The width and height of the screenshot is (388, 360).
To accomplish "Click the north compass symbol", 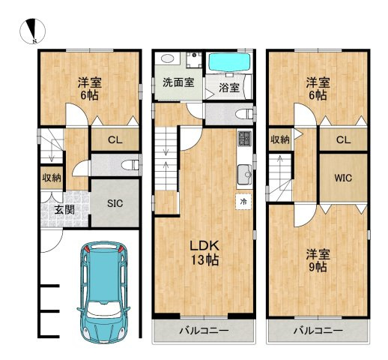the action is [x=32, y=31].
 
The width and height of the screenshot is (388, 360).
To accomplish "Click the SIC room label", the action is [x=115, y=203].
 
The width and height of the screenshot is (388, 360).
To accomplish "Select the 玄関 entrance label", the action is [x=64, y=210].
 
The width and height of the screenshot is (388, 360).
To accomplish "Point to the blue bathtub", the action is [x=229, y=62].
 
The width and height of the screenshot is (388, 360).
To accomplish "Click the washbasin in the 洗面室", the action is [x=167, y=58].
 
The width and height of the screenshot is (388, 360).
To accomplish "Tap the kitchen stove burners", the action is [x=245, y=138].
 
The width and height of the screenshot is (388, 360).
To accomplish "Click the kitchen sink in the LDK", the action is [x=244, y=174].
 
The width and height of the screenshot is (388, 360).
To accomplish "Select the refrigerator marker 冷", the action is [x=243, y=202].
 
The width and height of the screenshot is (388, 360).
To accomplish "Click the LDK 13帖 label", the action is [x=204, y=253].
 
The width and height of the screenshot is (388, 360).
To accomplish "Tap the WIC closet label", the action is [x=343, y=178].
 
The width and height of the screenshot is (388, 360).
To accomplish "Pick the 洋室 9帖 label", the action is [x=318, y=261].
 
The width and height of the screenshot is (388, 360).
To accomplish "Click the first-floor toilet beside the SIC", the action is [x=130, y=165].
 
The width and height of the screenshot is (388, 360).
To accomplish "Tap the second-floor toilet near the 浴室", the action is [x=245, y=114].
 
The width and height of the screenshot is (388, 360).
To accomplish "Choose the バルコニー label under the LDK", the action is [x=204, y=331].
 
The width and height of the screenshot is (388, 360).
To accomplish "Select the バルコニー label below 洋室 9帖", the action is [x=318, y=331].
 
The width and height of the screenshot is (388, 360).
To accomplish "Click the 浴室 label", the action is [x=229, y=88].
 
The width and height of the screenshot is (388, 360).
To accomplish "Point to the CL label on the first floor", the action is [x=115, y=140].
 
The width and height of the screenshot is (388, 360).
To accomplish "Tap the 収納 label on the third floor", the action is [x=280, y=139].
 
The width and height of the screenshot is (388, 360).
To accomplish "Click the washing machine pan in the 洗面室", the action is [x=194, y=60].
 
